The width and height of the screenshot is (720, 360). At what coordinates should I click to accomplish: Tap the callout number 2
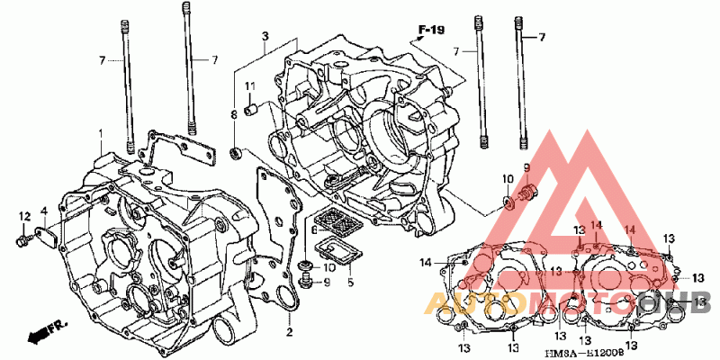[x=290, y=332]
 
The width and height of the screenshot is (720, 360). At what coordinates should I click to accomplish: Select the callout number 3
[x=265, y=36]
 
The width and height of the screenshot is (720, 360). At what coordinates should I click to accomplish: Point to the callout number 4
[x=42, y=211]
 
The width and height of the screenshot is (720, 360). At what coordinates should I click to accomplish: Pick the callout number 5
[x=350, y=283]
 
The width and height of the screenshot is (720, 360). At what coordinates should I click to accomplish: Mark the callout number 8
[x=234, y=114]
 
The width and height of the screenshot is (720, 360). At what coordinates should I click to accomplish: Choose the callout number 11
[x=253, y=86]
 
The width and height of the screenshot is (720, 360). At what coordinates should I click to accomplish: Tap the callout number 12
[x=15, y=212]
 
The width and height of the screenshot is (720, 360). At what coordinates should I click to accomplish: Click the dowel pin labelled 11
[x=253, y=109]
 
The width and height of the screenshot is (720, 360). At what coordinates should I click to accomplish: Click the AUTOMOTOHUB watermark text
[x=567, y=301]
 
